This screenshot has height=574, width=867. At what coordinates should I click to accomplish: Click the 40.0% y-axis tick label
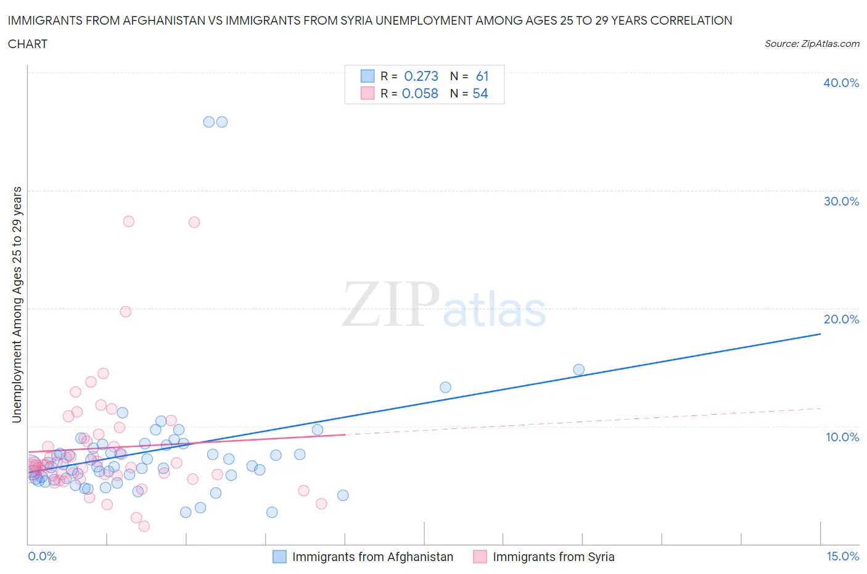click(x=841, y=83)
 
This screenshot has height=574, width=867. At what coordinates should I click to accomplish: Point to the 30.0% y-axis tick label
click(x=841, y=201)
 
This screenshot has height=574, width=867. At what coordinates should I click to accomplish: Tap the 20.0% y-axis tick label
click(x=841, y=319)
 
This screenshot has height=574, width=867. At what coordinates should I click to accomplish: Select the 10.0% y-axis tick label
click(x=842, y=437)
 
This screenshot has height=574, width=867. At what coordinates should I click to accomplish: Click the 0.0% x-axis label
click(x=42, y=556)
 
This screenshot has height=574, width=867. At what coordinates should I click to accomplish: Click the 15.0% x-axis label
click(x=842, y=556)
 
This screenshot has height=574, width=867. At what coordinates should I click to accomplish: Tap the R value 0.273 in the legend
click(x=421, y=76)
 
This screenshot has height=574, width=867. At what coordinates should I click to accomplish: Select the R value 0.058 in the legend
click(x=420, y=93)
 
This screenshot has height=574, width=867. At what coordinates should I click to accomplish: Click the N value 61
click(x=482, y=76)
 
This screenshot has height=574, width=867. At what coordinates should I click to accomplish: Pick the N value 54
click(x=480, y=93)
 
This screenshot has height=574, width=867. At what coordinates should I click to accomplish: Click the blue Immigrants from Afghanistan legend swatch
click(x=280, y=557)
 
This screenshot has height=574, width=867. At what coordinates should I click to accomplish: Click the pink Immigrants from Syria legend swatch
click(x=480, y=557)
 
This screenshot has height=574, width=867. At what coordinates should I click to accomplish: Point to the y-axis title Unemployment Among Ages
click(x=17, y=305)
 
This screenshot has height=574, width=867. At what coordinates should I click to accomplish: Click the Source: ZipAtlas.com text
click(x=812, y=44)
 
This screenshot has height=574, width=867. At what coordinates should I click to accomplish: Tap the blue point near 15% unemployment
click(x=578, y=370)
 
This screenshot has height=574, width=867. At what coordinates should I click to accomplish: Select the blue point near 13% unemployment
click(x=445, y=388)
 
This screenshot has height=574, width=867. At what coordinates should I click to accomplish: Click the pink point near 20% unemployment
click(x=125, y=312)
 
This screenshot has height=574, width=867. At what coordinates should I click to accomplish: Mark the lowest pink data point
click(x=144, y=526)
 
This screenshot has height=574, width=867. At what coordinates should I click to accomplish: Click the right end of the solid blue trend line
click(x=820, y=334)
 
